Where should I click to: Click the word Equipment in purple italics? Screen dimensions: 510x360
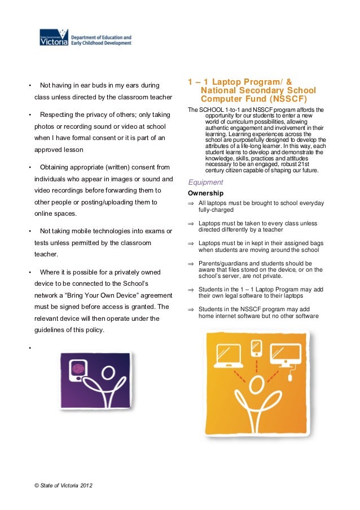tap(205, 182)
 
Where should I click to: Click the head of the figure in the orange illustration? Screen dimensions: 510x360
tap(257, 385)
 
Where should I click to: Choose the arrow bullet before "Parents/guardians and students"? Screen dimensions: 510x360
tap(191, 264)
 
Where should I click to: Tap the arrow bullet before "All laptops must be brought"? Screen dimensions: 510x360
tap(191, 203)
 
